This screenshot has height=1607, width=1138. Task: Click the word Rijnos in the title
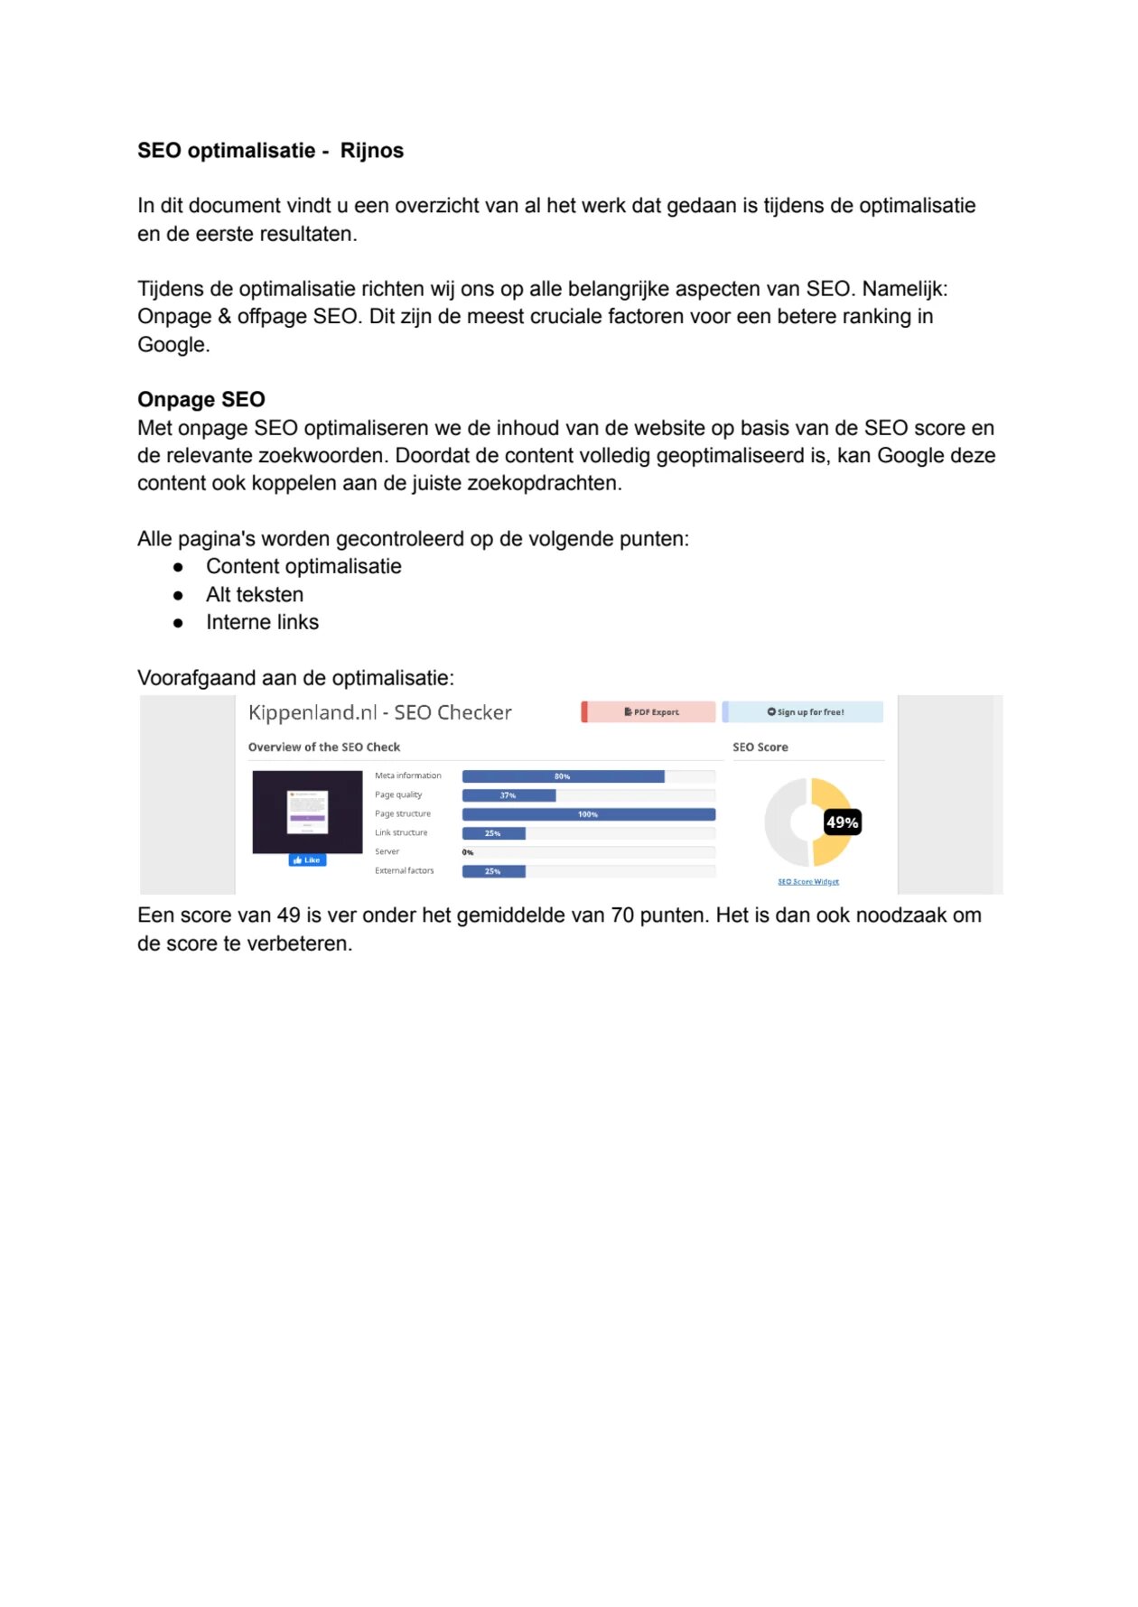coord(371,151)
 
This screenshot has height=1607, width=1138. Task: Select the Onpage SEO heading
coord(201,400)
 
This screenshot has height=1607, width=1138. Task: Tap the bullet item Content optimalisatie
coord(303,567)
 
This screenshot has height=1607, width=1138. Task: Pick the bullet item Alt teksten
coord(255,595)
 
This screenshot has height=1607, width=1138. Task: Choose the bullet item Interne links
coord(262,623)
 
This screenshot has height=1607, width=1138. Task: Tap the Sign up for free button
coord(804,712)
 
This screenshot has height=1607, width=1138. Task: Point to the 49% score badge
coord(842,822)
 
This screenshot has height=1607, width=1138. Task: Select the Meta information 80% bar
coord(563,776)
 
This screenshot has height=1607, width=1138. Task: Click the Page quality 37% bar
coord(508,795)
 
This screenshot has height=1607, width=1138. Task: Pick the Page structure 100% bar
coord(588,814)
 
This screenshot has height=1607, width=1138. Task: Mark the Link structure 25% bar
coord(493,833)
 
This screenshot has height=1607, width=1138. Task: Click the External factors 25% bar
coord(493,871)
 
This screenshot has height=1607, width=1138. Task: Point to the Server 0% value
coord(468,852)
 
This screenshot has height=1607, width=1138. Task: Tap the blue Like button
coord(307,860)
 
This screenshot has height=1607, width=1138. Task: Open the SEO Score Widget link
coord(808,882)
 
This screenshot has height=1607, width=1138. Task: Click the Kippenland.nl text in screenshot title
coord(312,713)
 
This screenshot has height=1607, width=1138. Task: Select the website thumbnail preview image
coord(307,812)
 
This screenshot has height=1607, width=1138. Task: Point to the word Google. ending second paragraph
coord(173,345)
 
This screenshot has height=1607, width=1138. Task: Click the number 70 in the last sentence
coord(622,915)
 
